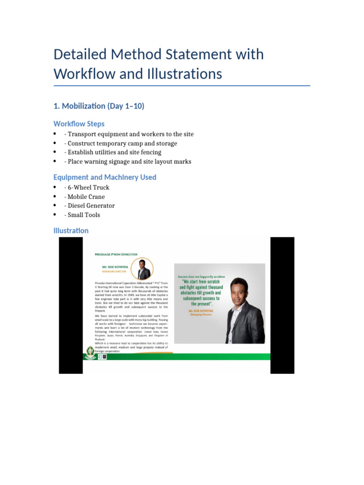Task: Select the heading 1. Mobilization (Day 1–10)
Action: (x=99, y=106)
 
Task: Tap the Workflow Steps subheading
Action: (x=79, y=124)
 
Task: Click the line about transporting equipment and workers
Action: (x=129, y=134)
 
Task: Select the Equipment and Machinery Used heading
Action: (x=105, y=177)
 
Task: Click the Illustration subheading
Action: (x=71, y=231)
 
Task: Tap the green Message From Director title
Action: (x=116, y=254)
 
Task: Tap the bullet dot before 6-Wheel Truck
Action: (x=55, y=188)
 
